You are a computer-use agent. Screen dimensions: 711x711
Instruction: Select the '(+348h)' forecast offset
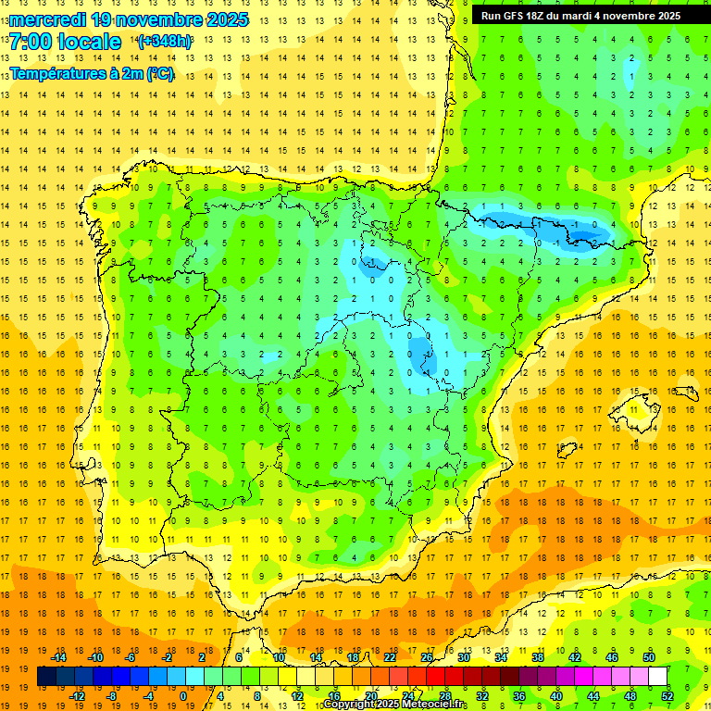(165, 42)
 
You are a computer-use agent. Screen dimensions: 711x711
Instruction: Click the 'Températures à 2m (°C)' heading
(92, 74)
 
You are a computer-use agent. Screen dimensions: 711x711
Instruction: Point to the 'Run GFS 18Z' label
(523, 16)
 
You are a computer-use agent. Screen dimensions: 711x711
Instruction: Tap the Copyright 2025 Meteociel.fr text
(395, 705)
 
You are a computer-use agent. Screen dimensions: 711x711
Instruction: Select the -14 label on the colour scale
(59, 657)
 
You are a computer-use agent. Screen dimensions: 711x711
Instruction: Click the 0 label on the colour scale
(183, 696)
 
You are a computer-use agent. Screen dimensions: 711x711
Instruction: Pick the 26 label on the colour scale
(427, 657)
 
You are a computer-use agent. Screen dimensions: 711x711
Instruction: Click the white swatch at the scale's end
(657, 677)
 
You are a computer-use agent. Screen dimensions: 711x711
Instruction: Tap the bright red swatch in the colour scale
(435, 677)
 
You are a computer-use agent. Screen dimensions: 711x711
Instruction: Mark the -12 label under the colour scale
(78, 696)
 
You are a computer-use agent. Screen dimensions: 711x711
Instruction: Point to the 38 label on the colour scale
(537, 657)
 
